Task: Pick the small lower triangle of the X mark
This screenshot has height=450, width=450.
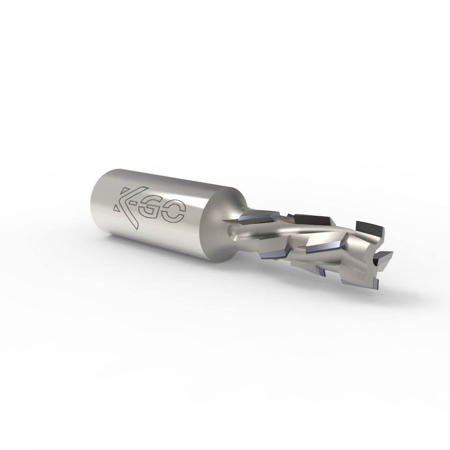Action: (117, 207)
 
